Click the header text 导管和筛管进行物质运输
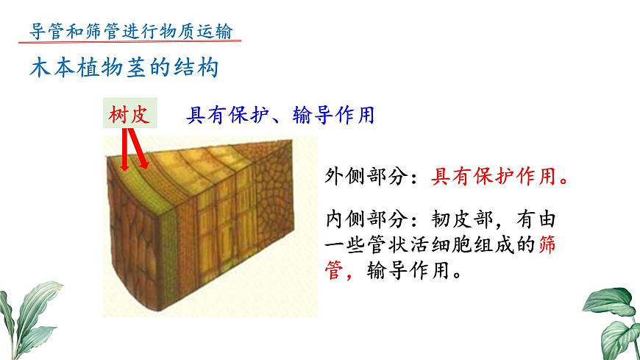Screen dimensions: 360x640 (x=129, y=31)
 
